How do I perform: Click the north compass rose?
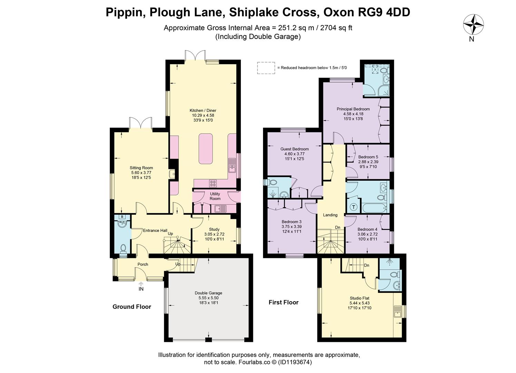[474, 25]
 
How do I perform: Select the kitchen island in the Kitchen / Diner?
[205, 149]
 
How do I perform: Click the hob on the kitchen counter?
[213, 183]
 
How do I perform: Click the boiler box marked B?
[122, 217]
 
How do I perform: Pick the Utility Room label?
[215, 196]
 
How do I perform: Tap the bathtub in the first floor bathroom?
[374, 208]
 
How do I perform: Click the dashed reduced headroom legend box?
[266, 68]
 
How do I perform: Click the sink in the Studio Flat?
[398, 312]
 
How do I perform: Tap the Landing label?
[330, 215]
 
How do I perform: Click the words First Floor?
[284, 302]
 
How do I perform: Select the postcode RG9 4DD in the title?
[384, 12]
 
